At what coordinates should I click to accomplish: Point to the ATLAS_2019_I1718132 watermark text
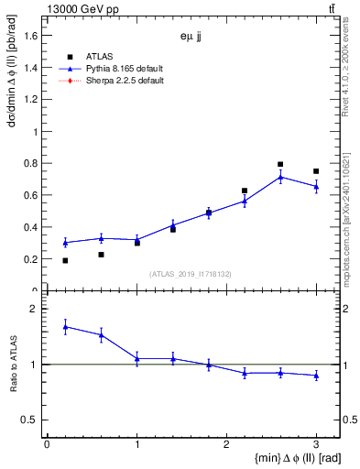click(x=191, y=274)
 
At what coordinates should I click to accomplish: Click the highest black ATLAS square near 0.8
click(x=280, y=165)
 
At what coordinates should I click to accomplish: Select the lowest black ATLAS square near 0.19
click(x=65, y=260)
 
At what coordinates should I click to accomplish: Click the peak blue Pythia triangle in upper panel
click(x=280, y=177)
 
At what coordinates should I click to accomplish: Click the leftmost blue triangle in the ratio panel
click(x=65, y=326)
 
